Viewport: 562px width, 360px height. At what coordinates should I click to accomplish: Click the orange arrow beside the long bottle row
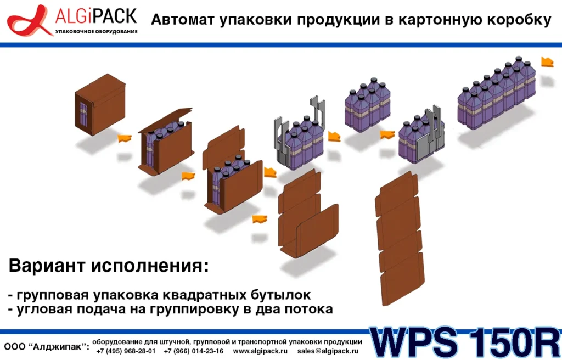[547, 61]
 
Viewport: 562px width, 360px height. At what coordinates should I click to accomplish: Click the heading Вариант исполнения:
[109, 267]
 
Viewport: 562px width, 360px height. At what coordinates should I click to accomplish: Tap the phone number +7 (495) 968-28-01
[126, 351]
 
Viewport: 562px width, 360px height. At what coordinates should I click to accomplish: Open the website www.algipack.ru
[260, 351]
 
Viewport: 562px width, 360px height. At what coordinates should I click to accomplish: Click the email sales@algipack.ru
[328, 351]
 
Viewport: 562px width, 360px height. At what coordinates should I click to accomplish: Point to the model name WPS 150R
[464, 343]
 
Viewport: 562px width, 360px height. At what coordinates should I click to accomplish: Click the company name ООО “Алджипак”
[47, 347]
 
